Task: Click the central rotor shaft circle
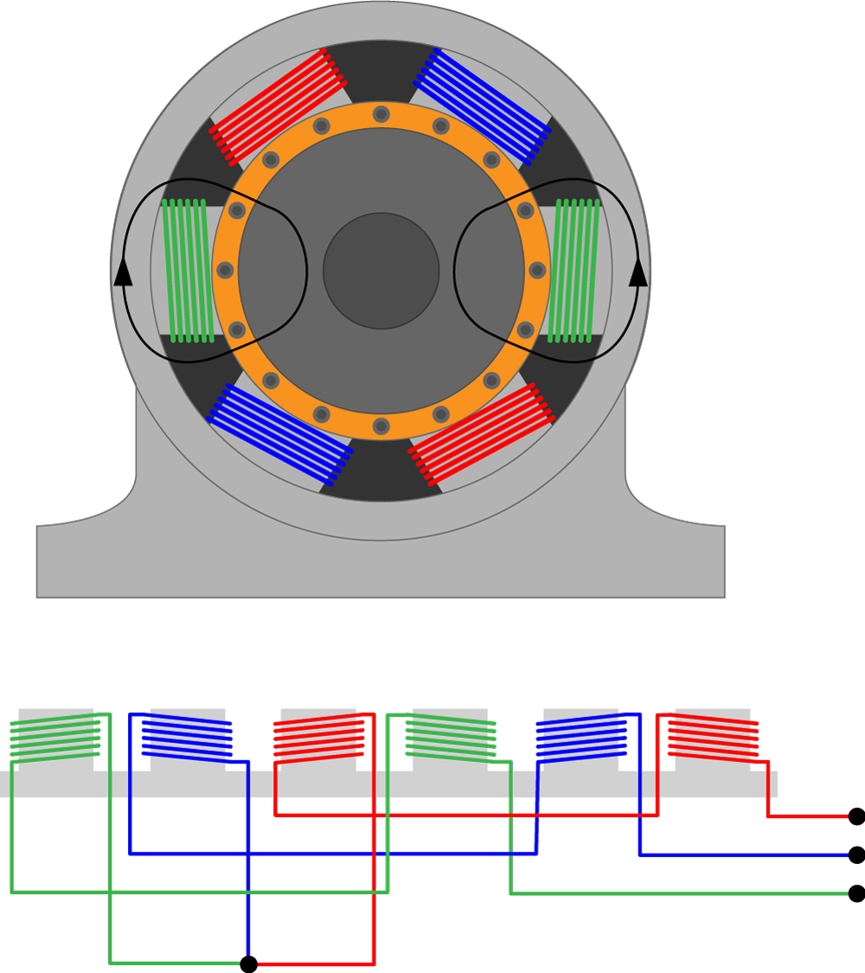(381, 271)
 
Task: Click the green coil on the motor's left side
(188, 271)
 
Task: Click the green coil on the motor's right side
(576, 271)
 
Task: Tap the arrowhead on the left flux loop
(124, 272)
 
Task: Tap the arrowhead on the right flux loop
(638, 272)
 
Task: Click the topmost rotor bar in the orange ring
(381, 114)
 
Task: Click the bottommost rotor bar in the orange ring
(381, 426)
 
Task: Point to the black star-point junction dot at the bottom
(248, 963)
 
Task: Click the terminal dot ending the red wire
(856, 816)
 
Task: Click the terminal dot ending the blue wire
(856, 855)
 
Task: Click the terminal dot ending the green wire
(856, 893)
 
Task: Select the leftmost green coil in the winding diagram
(54, 738)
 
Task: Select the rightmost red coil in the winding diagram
(714, 738)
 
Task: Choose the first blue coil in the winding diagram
(187, 738)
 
